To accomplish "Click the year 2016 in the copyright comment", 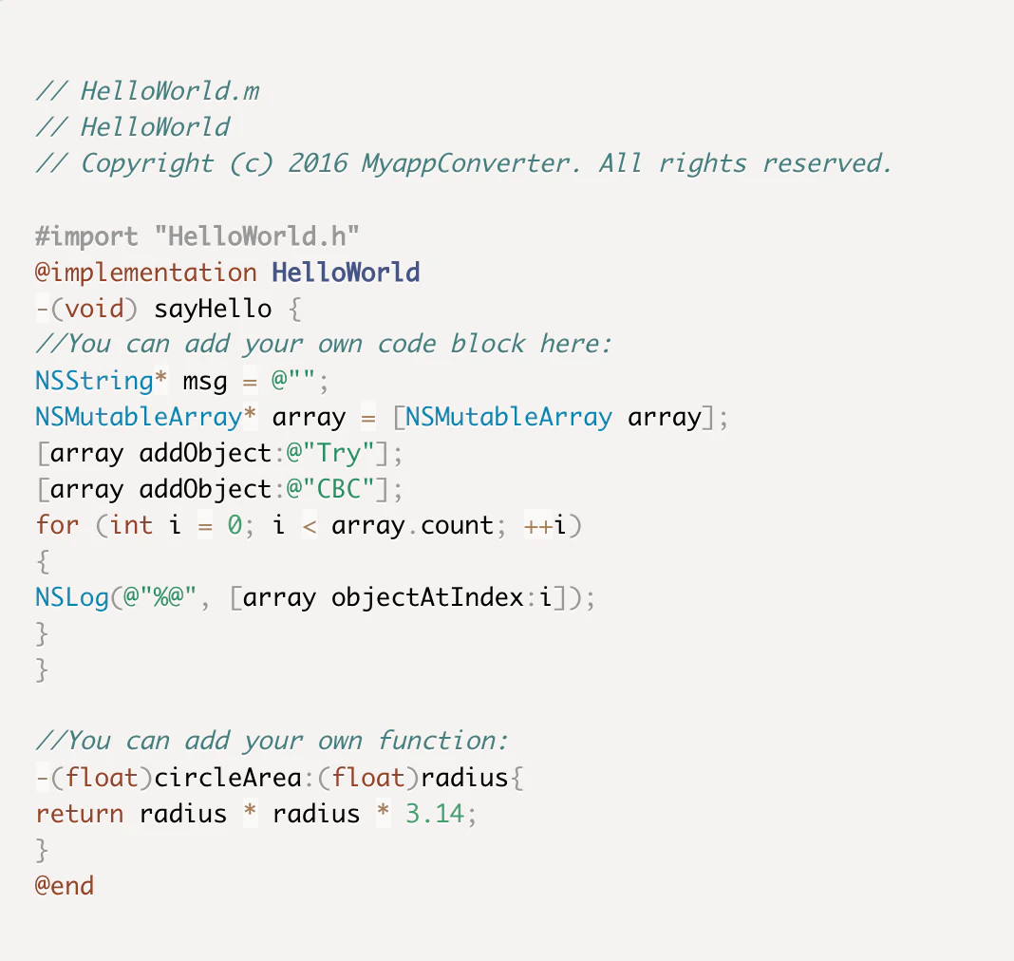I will click(317, 163).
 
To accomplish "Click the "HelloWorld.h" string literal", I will click(263, 236).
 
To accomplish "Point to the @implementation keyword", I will click(146, 273).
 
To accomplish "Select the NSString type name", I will click(94, 381).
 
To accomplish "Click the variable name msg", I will click(205, 381).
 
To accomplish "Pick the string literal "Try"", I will click(338, 453).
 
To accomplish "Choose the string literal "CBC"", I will click(338, 489).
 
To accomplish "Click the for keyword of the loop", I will click(57, 525).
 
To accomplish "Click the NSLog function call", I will click(72, 598).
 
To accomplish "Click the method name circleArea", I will click(228, 779).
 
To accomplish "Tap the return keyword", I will click(80, 814).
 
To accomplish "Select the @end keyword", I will click(65, 886).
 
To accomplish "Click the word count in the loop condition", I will click(457, 525).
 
